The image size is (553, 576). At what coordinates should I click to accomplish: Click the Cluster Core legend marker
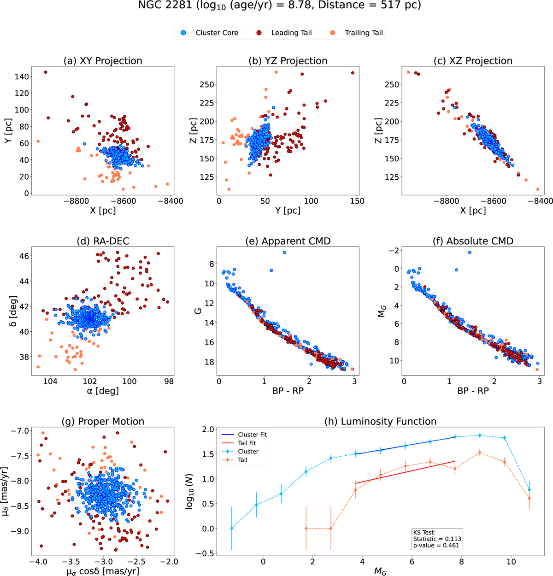click(x=183, y=33)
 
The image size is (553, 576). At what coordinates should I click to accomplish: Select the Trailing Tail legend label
click(x=364, y=33)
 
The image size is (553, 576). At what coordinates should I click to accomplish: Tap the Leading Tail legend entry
click(x=291, y=33)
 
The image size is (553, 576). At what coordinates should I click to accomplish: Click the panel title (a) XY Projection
click(x=102, y=61)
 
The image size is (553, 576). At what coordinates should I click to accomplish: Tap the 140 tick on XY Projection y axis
click(x=21, y=76)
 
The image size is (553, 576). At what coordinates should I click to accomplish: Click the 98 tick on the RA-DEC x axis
click(x=169, y=382)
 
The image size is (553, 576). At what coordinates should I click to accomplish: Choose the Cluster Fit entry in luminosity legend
click(x=252, y=435)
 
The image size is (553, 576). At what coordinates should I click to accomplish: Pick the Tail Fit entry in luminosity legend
click(x=247, y=443)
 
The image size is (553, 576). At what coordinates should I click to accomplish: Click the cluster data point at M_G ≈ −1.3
click(x=231, y=529)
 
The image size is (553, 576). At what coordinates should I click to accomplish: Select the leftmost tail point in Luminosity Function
click(x=306, y=529)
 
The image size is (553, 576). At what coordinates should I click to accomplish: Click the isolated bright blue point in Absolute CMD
click(x=469, y=253)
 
